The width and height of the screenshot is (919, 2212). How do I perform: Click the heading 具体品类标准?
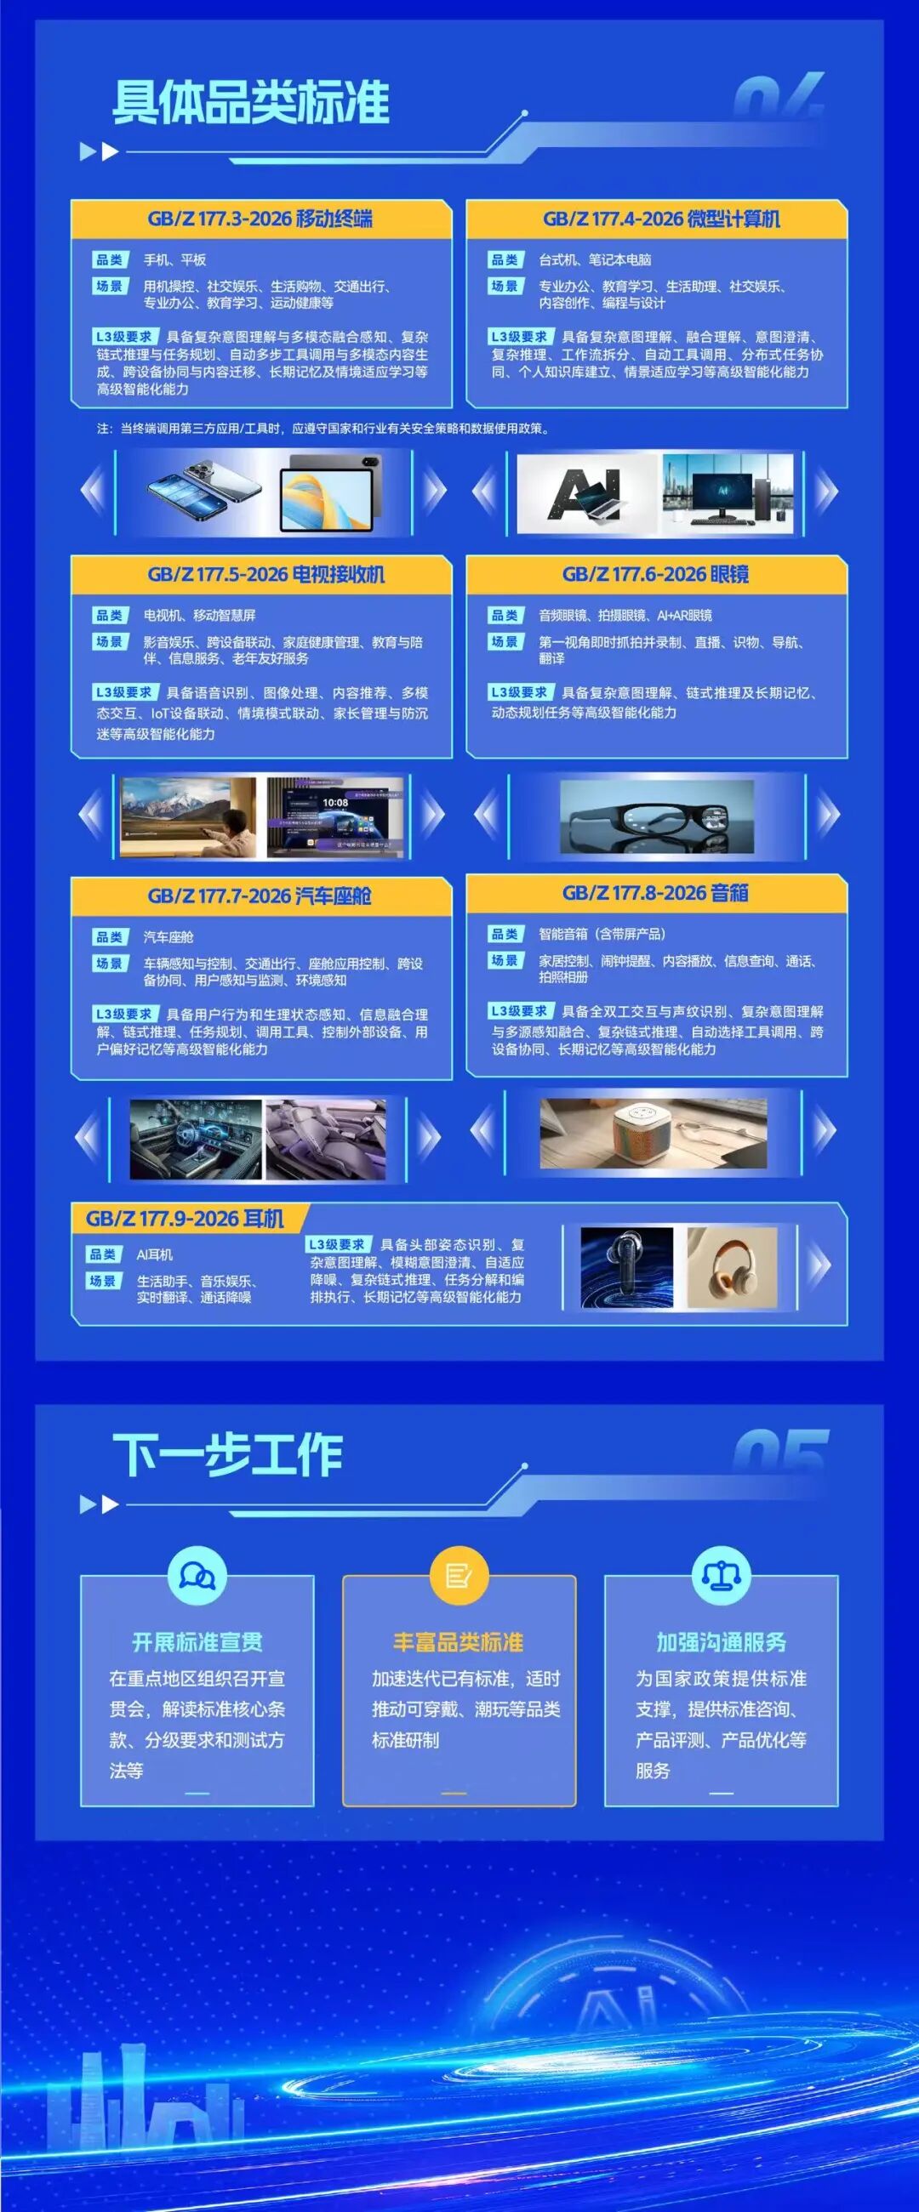(251, 103)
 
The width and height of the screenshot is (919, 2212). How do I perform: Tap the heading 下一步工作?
(227, 1455)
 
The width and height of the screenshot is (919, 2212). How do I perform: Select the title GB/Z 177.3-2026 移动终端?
(260, 219)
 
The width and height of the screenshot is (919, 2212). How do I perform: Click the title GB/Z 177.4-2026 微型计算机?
(661, 219)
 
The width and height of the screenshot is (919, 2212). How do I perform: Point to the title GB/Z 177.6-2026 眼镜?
(655, 574)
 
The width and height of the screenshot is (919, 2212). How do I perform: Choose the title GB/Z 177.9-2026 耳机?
(185, 1219)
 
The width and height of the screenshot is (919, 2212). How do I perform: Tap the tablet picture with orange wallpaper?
(330, 494)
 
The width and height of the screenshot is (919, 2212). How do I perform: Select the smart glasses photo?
(657, 816)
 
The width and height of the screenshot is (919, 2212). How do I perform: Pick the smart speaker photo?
(654, 1134)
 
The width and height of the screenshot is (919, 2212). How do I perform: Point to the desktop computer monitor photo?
(728, 494)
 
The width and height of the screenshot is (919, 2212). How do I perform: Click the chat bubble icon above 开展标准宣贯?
(197, 1576)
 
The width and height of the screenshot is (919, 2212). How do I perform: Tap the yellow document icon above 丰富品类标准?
(459, 1576)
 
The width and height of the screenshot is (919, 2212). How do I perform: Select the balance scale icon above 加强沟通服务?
(722, 1576)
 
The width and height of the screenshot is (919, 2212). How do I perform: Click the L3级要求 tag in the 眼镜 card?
(519, 692)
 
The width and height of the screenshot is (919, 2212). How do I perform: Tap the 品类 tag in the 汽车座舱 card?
(110, 937)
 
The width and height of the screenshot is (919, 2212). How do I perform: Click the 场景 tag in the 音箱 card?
(505, 960)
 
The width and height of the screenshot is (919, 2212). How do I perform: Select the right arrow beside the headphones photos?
(822, 1264)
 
